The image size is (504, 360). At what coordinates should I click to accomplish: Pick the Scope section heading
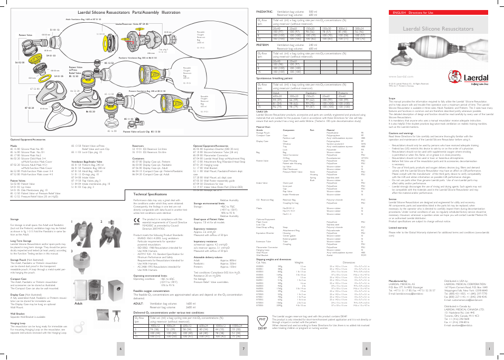click(x=391, y=98)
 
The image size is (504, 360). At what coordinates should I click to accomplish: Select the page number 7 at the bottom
click(x=242, y=348)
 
